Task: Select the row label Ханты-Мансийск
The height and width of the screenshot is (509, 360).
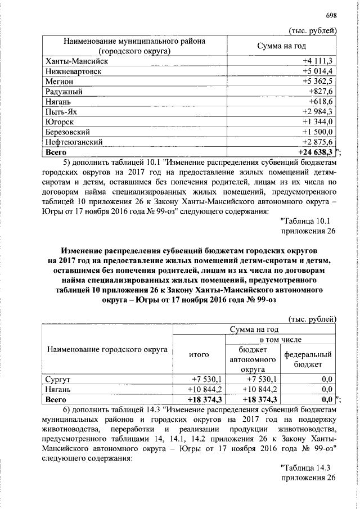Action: pos(74,61)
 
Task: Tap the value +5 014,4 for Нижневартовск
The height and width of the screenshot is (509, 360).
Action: pos(318,71)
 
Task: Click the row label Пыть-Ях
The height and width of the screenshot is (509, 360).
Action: pos(60,111)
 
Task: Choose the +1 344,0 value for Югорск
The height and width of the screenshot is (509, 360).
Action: pos(318,121)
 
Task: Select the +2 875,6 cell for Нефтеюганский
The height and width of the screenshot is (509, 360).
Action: pos(318,142)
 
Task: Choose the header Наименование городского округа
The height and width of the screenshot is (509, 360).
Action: pos(107,349)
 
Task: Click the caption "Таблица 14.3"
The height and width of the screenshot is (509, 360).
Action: pos(308,467)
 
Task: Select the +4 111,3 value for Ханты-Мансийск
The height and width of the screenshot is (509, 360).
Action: pos(318,61)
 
